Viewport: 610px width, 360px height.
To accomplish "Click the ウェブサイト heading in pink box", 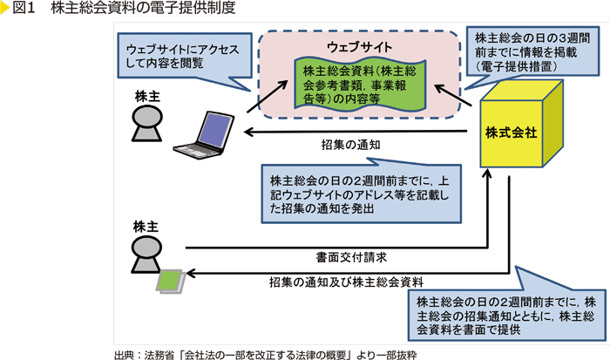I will [360, 45].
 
